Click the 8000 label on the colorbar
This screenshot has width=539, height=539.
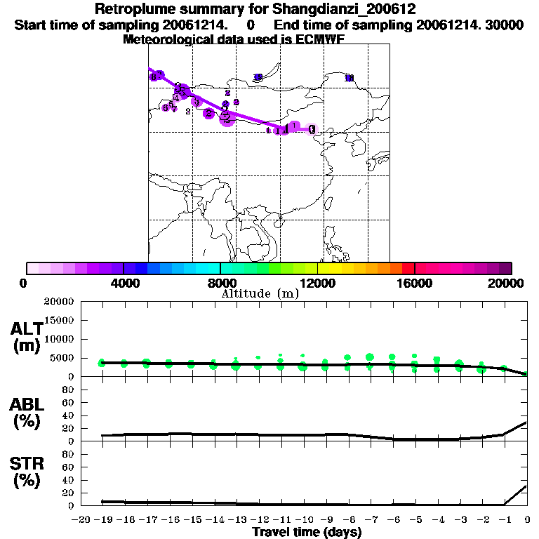(220, 283)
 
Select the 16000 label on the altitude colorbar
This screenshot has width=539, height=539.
(414, 283)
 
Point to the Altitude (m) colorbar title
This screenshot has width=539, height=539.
(260, 293)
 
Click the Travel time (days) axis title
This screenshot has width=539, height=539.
(307, 532)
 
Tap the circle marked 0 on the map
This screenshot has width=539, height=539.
(312, 129)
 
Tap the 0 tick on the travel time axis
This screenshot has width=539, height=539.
(528, 520)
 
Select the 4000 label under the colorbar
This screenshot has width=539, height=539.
(124, 283)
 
